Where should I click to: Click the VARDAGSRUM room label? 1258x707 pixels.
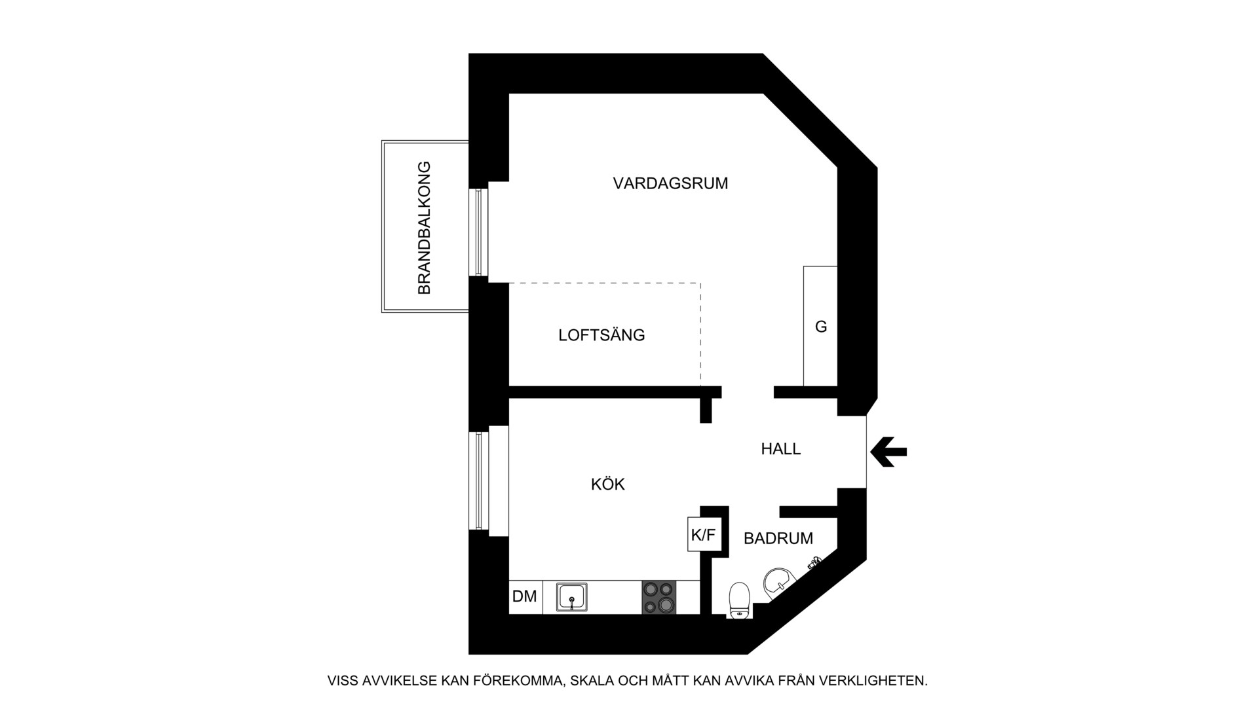tap(670, 183)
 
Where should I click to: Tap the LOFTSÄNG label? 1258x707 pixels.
tap(601, 335)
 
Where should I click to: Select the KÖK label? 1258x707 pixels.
tap(607, 484)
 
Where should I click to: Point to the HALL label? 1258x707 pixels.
tap(780, 449)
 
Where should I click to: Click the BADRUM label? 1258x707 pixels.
tap(778, 538)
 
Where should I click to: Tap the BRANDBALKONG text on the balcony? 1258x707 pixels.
tap(425, 227)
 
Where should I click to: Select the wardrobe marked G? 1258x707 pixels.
tap(820, 326)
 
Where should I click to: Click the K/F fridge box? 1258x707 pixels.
tap(703, 535)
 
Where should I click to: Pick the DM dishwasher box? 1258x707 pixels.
tap(525, 596)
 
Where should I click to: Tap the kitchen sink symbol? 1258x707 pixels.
tap(571, 597)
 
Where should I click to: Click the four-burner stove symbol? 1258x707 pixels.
tap(658, 597)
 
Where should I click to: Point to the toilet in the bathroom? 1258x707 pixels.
tap(738, 600)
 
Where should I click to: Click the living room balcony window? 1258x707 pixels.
tap(479, 232)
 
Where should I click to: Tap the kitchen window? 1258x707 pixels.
tap(479, 480)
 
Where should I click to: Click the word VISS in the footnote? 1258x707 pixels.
tap(342, 681)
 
